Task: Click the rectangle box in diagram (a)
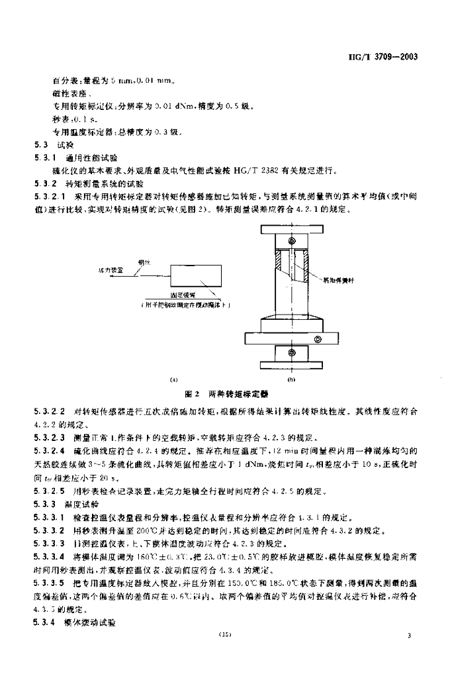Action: pyautogui.click(x=196, y=277)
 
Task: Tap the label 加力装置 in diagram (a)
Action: pyautogui.click(x=111, y=270)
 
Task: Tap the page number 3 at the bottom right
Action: pyautogui.click(x=410, y=636)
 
